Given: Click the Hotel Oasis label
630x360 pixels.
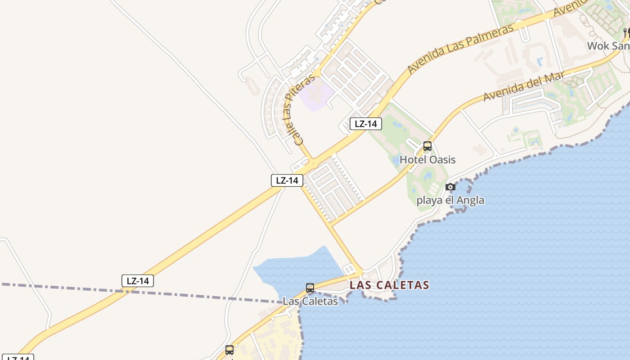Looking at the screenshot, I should (x=427, y=160).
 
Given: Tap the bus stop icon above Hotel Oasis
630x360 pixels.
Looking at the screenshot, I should (x=427, y=146).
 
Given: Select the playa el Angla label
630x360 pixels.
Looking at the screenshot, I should (x=450, y=200).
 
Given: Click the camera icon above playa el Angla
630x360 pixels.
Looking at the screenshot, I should (x=450, y=187).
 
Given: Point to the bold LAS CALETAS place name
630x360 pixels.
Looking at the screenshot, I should (x=389, y=285).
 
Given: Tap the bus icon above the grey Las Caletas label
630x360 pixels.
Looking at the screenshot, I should (x=310, y=288).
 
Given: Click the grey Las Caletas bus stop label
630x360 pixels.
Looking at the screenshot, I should (x=310, y=301).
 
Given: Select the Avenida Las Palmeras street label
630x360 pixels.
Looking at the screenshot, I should (x=460, y=49).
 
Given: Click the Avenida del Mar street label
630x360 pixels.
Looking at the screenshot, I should (x=523, y=86).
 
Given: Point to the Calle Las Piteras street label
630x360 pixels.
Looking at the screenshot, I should (x=297, y=109).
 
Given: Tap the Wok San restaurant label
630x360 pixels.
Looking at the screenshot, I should (x=608, y=46).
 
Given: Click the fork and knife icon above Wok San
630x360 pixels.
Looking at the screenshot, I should (x=626, y=32).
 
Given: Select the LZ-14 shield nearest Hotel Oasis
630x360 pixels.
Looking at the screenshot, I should (x=366, y=124).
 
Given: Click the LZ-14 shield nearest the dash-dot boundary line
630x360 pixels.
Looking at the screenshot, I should (x=138, y=281).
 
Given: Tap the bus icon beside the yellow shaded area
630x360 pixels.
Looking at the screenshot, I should (x=229, y=350).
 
